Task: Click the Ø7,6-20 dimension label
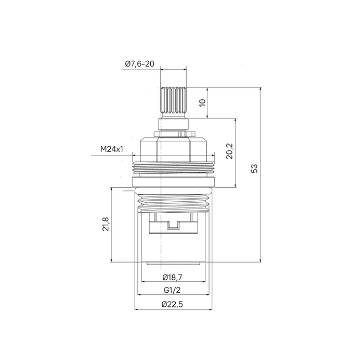point(139,63)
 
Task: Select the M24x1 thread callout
point(112,149)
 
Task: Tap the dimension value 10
point(202,102)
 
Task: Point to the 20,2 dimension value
point(230,151)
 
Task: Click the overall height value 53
point(254,168)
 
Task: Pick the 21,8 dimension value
point(106,224)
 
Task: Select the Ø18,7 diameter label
point(172,277)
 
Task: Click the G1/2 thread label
point(172,290)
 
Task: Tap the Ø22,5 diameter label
point(172,304)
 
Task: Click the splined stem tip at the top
point(173,100)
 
